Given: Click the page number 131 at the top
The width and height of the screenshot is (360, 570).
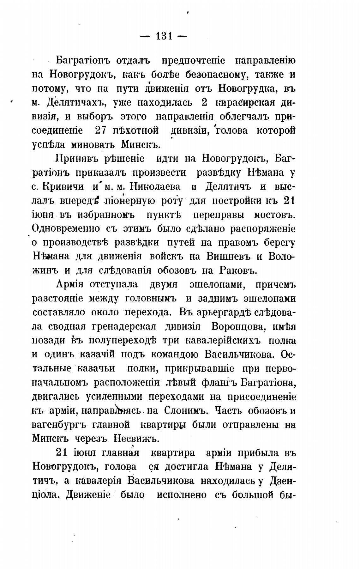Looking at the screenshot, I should [164, 36].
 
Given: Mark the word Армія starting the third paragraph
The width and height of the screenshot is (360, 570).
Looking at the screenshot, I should [69, 284].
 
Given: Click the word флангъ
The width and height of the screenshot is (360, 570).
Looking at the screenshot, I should [219, 383].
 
